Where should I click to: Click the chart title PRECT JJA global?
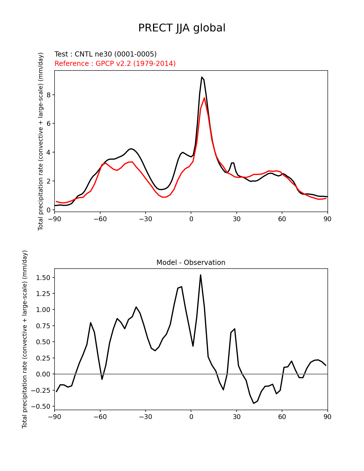182,28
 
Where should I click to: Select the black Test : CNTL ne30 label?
105,54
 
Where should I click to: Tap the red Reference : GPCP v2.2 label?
115,63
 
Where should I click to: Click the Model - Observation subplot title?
191,263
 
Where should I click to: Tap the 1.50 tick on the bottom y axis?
43,278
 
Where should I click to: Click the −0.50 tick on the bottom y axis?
41,406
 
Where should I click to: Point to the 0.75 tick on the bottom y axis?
43,326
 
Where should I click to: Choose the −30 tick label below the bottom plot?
145,417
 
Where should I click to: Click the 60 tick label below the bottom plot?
282,417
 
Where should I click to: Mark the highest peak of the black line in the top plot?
202,77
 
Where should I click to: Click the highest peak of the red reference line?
204,98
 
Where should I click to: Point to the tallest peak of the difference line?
200,275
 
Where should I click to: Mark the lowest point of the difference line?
254,403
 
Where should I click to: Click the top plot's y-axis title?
41,141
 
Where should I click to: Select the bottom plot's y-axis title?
25,339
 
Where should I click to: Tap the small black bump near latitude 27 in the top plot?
233,163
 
